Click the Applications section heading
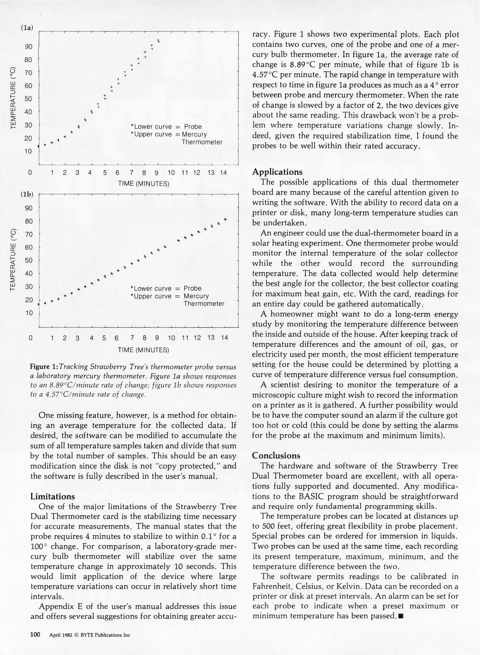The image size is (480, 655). click(x=277, y=172)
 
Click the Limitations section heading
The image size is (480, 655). click(x=52, y=496)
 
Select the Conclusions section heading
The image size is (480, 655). click(x=276, y=455)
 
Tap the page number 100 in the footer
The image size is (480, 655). click(x=35, y=635)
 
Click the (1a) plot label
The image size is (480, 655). click(x=27, y=28)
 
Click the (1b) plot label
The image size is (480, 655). click(x=27, y=194)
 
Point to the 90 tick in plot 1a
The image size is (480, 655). click(x=28, y=47)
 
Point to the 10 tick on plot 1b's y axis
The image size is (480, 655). click(x=28, y=313)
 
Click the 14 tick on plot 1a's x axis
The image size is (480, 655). click(x=223, y=173)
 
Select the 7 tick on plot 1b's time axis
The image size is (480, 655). click(x=132, y=338)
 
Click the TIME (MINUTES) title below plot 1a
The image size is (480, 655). click(x=144, y=184)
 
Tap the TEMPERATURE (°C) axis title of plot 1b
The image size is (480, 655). click(x=13, y=260)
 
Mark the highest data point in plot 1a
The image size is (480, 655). click(x=158, y=41)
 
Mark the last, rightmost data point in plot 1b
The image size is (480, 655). click(x=225, y=219)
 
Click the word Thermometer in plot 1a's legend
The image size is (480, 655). click(x=202, y=142)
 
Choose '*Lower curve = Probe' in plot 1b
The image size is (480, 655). click(x=166, y=288)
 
